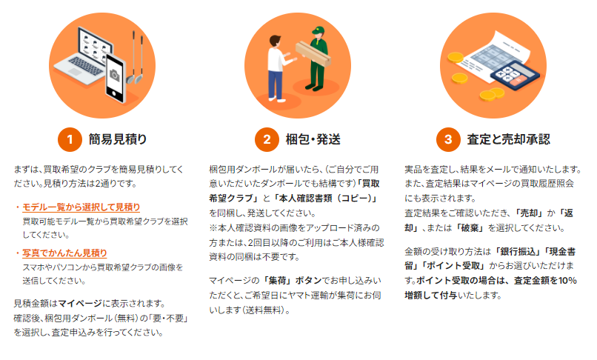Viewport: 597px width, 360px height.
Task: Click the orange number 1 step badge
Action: point(70,139)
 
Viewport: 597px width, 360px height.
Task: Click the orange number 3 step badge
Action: point(447,139)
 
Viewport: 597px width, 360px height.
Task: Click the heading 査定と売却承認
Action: point(508,139)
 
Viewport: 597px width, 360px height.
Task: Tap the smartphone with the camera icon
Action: point(115,75)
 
